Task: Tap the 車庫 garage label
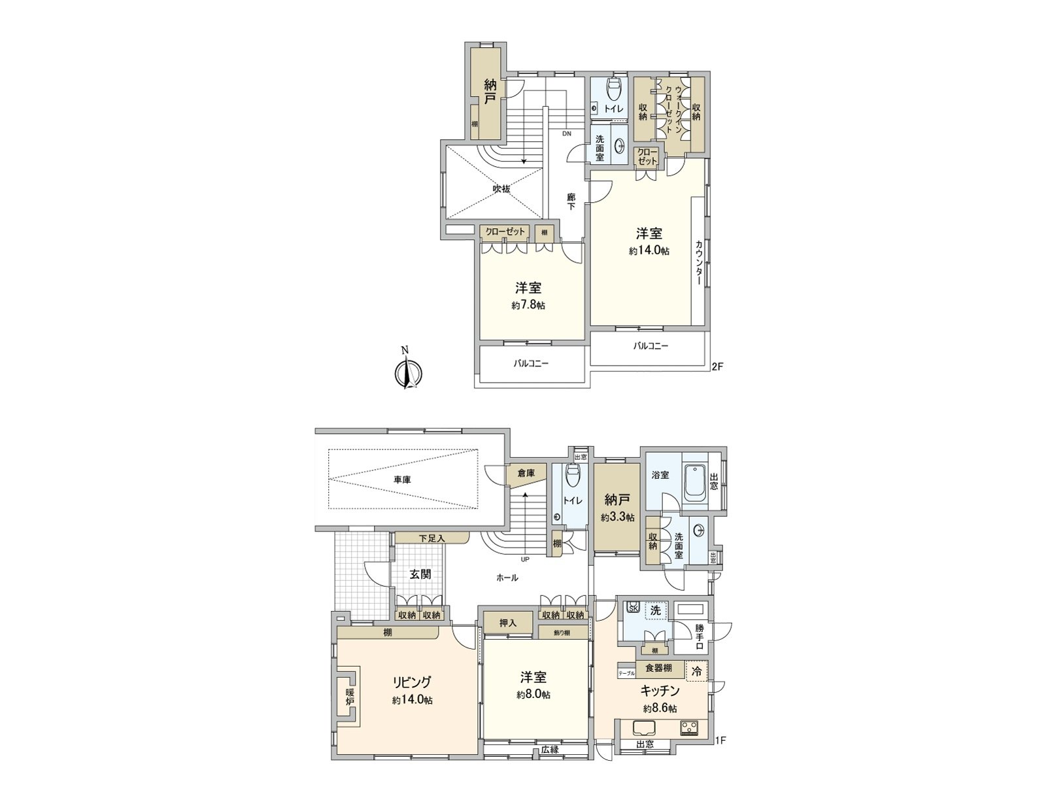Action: (403, 480)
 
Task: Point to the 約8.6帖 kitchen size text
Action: (660, 708)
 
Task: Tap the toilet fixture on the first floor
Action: (573, 478)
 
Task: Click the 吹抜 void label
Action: (501, 189)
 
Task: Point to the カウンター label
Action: (699, 262)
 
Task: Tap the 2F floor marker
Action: (717, 366)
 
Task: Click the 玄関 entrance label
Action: (420, 574)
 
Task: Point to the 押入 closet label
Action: (508, 623)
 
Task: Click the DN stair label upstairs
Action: (566, 133)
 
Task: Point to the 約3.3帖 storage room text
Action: (617, 517)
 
